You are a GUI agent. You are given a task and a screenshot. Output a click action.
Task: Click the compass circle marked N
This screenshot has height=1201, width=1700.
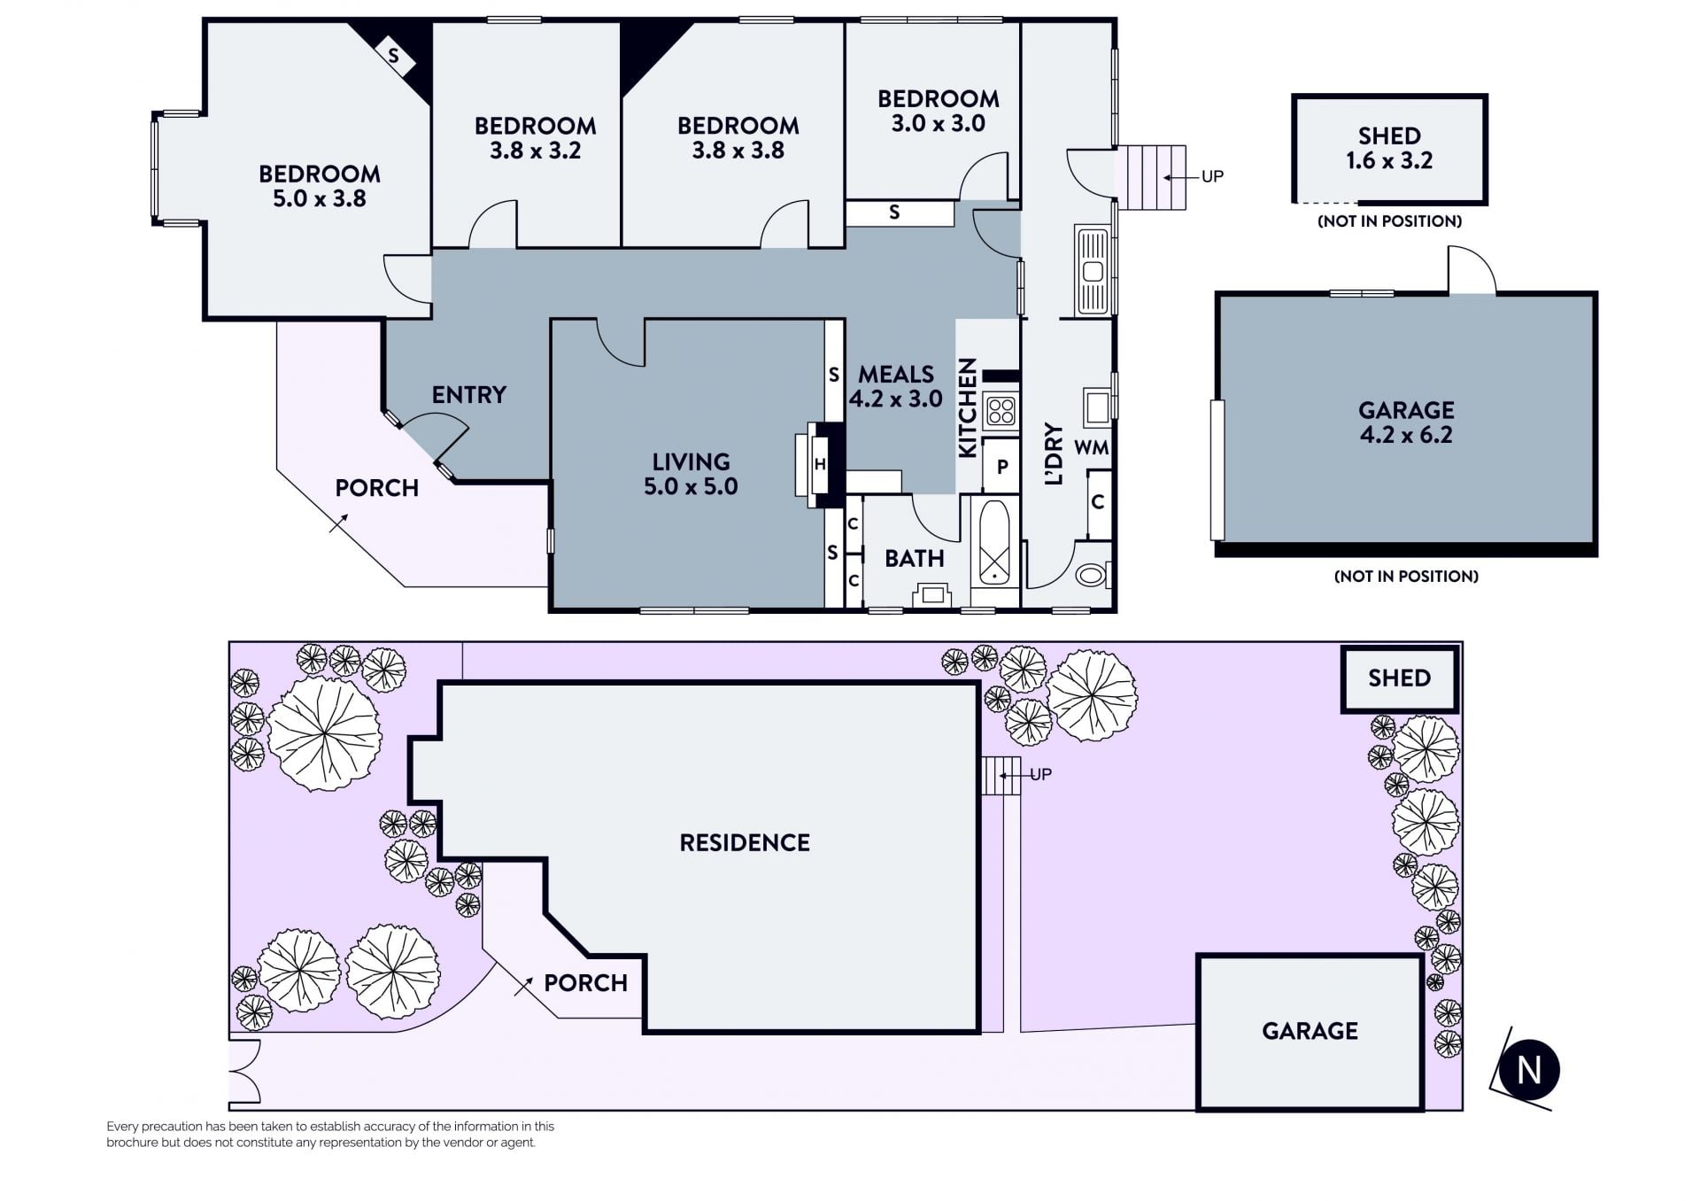pyautogui.click(x=1529, y=1070)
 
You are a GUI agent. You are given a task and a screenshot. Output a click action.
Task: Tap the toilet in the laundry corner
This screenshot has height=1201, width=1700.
pyautogui.click(x=1093, y=575)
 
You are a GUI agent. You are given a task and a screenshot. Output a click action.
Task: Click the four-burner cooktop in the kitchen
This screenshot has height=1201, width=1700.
pyautogui.click(x=1001, y=411)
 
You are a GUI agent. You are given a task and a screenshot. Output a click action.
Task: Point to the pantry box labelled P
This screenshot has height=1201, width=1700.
pyautogui.click(x=1001, y=466)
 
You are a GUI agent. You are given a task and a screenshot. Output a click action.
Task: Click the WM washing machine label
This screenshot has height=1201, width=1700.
pyautogui.click(x=1091, y=447)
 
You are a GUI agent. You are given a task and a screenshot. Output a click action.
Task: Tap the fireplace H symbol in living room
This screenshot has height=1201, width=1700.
pyautogui.click(x=820, y=464)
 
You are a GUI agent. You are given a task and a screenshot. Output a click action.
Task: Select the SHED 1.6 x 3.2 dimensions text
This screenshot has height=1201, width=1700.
pyautogui.click(x=1389, y=160)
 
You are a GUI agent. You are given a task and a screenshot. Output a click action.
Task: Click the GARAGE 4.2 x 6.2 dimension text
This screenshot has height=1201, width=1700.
pyautogui.click(x=1406, y=435)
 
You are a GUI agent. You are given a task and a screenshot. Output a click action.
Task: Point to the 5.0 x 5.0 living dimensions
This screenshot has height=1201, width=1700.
pyautogui.click(x=691, y=486)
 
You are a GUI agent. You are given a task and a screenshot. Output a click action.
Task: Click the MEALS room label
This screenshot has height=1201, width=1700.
pyautogui.click(x=896, y=375)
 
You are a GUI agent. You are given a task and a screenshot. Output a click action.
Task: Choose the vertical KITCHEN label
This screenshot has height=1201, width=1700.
pyautogui.click(x=968, y=407)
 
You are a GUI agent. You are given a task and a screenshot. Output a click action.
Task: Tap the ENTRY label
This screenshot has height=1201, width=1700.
pyautogui.click(x=469, y=395)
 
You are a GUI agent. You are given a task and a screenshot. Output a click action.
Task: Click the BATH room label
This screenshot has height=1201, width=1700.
pyautogui.click(x=915, y=559)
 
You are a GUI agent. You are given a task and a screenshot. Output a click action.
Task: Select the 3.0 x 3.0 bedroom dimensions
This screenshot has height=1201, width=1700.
pyautogui.click(x=939, y=123)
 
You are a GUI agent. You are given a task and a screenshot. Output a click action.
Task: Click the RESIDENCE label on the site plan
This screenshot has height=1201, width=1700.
pyautogui.click(x=745, y=842)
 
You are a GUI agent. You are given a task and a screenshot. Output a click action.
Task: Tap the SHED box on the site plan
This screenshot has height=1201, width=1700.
pyautogui.click(x=1399, y=679)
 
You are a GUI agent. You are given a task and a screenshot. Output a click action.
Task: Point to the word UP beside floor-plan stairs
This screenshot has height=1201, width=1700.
pyautogui.click(x=1212, y=176)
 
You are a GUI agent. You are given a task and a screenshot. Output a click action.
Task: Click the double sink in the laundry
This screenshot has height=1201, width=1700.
pyautogui.click(x=1093, y=271)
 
